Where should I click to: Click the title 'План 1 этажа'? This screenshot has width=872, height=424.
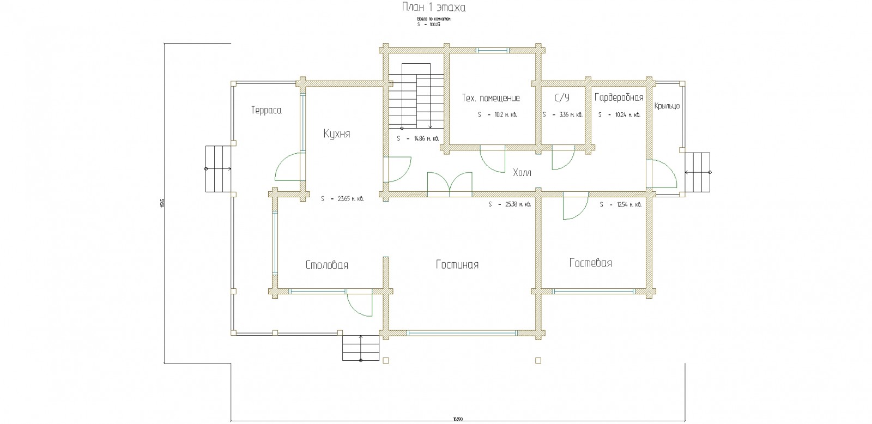433,8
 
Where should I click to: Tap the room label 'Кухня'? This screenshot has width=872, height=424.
336,134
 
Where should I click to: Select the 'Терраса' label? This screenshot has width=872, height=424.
266,110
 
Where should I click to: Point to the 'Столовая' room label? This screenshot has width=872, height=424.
326,265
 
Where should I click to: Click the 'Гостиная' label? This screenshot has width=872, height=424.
457,264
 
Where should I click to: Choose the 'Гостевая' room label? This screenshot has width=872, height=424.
590,263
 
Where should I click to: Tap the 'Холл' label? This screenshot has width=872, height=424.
522,173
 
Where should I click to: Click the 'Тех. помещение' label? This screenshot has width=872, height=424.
491,98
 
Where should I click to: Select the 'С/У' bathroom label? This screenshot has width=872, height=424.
562,98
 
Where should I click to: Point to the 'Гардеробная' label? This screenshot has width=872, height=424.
619,98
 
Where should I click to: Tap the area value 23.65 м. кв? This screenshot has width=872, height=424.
342,199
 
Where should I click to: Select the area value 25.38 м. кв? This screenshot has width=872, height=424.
510,204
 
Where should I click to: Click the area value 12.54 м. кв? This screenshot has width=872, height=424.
620,205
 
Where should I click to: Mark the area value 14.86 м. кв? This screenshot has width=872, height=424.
418,138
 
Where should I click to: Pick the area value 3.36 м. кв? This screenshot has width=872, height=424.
563,115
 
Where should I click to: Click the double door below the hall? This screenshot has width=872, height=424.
450,184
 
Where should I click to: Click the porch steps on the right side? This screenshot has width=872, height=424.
698,172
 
